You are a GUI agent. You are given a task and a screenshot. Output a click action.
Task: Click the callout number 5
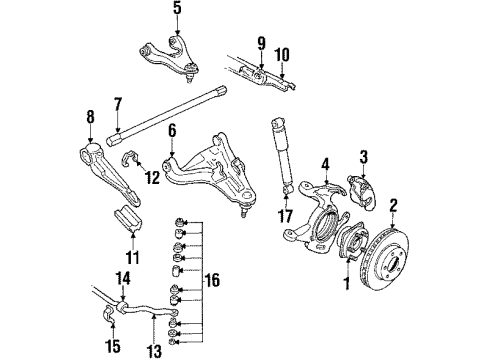tap(177, 12)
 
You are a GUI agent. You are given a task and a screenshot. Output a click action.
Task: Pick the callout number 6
tap(172, 131)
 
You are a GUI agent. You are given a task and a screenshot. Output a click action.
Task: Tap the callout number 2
tap(393, 207)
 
